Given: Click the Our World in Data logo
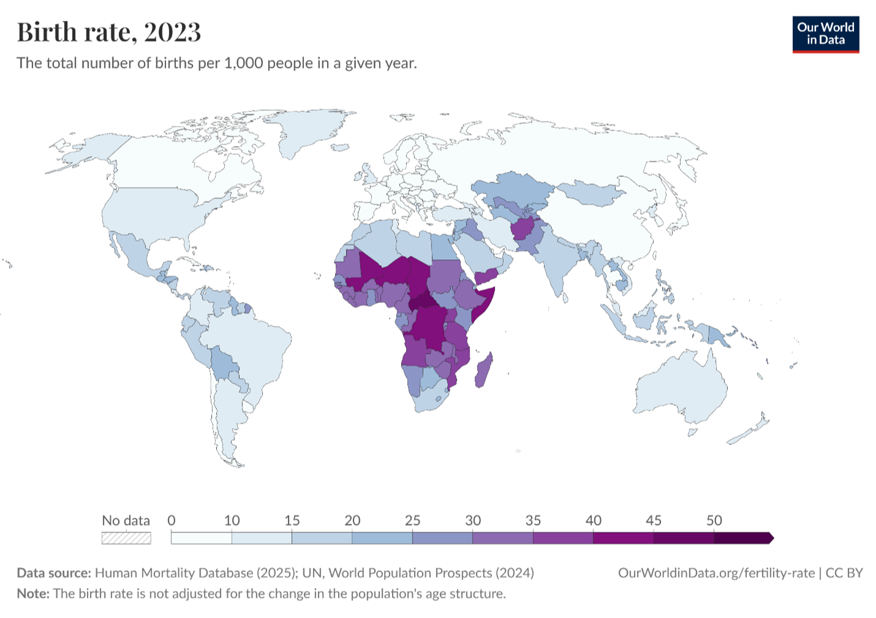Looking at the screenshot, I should pyautogui.click(x=825, y=34).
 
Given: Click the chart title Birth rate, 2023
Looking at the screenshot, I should pyautogui.click(x=108, y=32).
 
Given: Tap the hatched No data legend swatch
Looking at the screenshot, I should pyautogui.click(x=126, y=538).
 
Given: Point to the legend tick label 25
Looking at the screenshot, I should pyautogui.click(x=412, y=521).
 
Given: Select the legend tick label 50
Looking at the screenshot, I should pyautogui.click(x=714, y=521).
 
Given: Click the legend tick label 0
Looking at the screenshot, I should pyautogui.click(x=172, y=521).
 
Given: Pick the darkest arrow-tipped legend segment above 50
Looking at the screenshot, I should pyautogui.click(x=742, y=538).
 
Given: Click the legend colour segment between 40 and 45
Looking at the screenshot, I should pyautogui.click(x=623, y=538).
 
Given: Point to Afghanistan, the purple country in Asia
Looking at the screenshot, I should pyautogui.click(x=524, y=230).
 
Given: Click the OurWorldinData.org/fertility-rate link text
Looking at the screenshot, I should pyautogui.click(x=716, y=573).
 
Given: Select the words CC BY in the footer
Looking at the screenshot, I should pyautogui.click(x=844, y=573).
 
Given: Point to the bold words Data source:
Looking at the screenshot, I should pyautogui.click(x=54, y=573).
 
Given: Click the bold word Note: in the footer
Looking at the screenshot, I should pyautogui.click(x=33, y=594).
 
